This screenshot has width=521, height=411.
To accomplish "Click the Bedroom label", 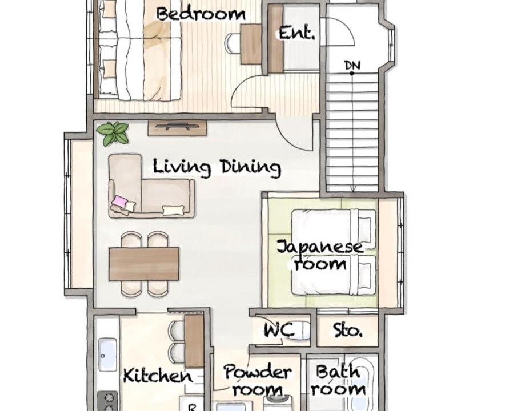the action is [x=201, y=15].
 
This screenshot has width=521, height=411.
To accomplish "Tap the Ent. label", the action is [x=296, y=33].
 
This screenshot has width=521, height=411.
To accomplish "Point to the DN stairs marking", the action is [x=352, y=66].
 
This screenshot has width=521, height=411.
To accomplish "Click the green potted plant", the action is [x=113, y=133].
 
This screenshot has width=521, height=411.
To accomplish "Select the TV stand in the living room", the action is [x=177, y=128].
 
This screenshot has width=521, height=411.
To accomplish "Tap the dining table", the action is [x=144, y=264].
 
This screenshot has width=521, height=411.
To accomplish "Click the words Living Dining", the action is [x=217, y=168].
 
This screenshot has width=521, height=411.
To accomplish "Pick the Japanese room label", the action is [x=320, y=256].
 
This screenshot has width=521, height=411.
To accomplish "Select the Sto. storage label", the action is [x=347, y=331].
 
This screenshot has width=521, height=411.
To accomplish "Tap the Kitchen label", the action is [x=158, y=376].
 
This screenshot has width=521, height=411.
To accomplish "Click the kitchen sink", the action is [x=107, y=354].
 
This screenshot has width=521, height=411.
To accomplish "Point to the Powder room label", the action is [x=258, y=381].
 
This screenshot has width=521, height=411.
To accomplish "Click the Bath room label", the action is [x=338, y=380].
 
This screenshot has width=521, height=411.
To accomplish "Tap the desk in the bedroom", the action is [x=251, y=44].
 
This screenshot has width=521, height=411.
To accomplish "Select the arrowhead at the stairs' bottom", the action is [x=353, y=189].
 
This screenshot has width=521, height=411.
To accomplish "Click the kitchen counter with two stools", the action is [x=194, y=341].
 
